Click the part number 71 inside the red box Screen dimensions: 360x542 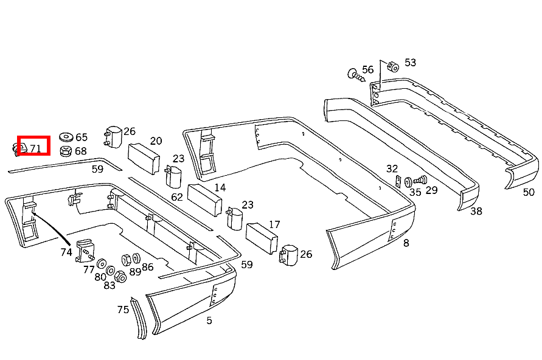pyautogui.click(x=35, y=148)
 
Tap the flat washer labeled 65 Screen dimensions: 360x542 pyautogui.click(x=65, y=137)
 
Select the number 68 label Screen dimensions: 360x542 pyautogui.click(x=80, y=151)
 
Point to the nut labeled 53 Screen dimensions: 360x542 pyautogui.click(x=392, y=66)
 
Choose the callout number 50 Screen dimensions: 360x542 pyautogui.click(x=528, y=192)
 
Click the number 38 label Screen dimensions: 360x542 pyautogui.click(x=476, y=211)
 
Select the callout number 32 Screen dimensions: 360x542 pyautogui.click(x=392, y=168)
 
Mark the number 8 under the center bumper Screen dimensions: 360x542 pyautogui.click(x=406, y=243)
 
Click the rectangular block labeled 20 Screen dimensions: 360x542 pyautogui.click(x=143, y=157)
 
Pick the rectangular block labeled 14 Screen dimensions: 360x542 pyautogui.click(x=203, y=199)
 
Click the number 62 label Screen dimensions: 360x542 pyautogui.click(x=177, y=197)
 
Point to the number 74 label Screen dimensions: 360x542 pyautogui.click(x=66, y=251)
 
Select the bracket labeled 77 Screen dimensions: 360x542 pyautogui.click(x=85, y=251)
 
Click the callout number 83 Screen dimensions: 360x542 pyautogui.click(x=109, y=285)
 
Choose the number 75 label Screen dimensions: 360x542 pyautogui.click(x=123, y=310)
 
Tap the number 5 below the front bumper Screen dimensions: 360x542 pyautogui.click(x=209, y=320)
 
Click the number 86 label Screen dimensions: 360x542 pyautogui.click(x=148, y=266)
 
